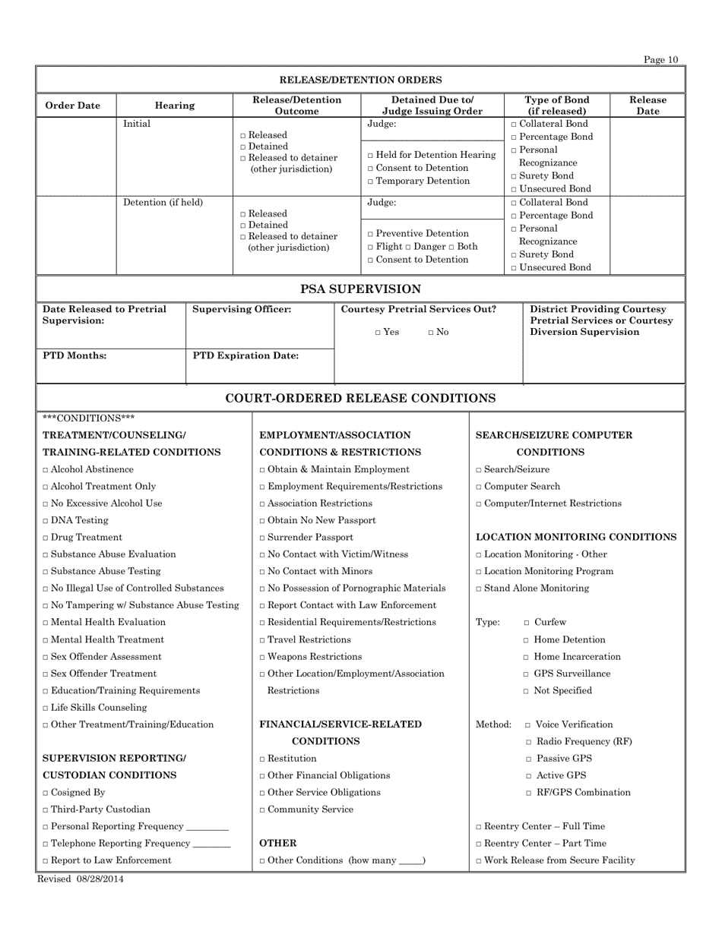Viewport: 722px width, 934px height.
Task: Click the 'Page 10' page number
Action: (660, 60)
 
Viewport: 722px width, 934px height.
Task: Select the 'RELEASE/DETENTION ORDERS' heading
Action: (361, 80)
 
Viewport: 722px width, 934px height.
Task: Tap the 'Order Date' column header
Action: (73, 106)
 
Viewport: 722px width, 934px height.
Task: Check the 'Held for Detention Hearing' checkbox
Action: (370, 156)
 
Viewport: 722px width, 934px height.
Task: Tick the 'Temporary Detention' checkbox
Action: (370, 181)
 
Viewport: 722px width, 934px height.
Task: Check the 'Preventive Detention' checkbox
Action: (370, 234)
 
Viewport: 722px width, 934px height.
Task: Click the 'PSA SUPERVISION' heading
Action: (361, 289)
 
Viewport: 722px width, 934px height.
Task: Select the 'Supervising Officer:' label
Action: (242, 310)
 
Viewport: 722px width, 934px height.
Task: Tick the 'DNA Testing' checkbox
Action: (46, 521)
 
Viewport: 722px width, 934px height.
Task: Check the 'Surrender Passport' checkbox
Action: (263, 538)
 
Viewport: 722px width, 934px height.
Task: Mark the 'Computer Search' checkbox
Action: (479, 487)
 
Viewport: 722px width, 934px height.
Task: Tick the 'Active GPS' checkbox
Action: (528, 776)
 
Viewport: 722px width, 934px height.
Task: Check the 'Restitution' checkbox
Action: (263, 759)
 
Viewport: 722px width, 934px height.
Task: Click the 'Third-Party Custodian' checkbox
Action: (46, 809)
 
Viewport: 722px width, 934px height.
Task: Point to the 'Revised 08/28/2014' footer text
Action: (81, 879)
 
